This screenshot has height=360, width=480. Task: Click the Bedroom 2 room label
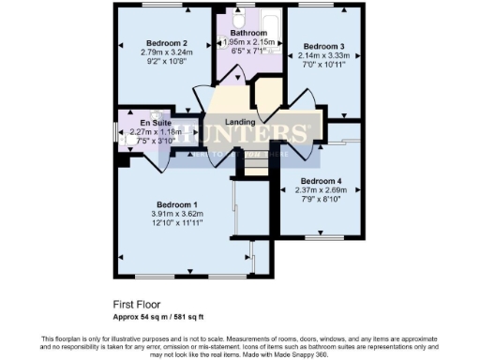167,43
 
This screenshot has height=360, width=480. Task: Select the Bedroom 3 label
322,46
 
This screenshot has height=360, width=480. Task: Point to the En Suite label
157,123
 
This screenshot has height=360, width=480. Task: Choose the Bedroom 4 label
321,181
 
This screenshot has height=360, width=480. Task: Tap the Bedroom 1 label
177,204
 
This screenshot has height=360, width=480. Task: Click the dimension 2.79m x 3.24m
167,52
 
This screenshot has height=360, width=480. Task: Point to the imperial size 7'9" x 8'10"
321,199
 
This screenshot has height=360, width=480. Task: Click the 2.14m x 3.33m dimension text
322,55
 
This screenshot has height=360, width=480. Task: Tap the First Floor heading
136,305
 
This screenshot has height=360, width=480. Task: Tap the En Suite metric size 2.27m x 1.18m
157,132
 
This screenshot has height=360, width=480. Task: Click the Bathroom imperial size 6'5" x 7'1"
247,52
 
